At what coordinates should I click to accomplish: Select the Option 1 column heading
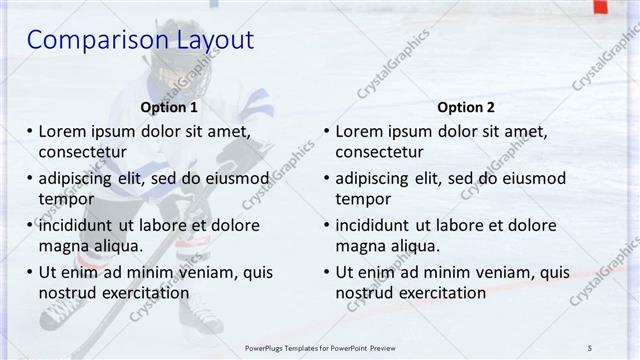coord(169,107)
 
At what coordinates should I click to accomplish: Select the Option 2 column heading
coord(466,107)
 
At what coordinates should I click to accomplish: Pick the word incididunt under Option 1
coord(82,225)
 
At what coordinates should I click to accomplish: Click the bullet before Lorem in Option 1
coord(29,131)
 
